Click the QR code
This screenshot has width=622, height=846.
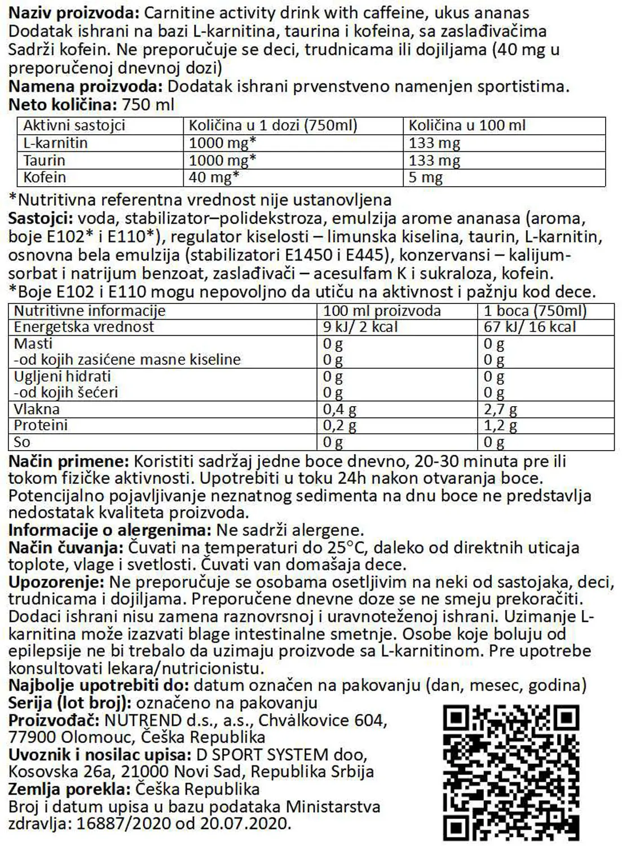click(x=511, y=772)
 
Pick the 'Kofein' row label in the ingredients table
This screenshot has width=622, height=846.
click(x=45, y=178)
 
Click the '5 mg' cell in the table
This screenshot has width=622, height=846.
click(x=425, y=178)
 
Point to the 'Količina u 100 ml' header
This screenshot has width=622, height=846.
click(x=467, y=125)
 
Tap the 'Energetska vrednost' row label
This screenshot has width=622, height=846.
click(x=83, y=327)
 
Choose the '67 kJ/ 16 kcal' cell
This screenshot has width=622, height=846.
click(x=530, y=327)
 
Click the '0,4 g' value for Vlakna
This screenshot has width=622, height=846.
click(x=339, y=409)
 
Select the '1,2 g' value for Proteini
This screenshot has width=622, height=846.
click(x=500, y=426)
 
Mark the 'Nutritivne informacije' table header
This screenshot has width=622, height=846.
click(x=90, y=311)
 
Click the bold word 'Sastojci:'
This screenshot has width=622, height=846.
click(x=41, y=218)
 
